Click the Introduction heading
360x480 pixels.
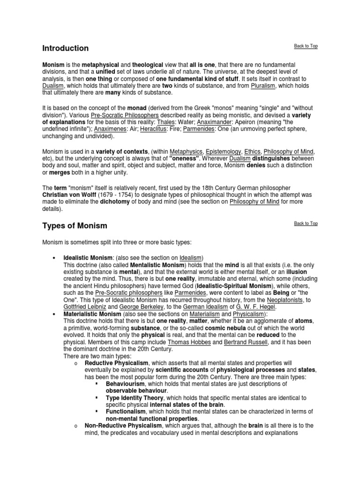click(x=65, y=48)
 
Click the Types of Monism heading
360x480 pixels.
click(x=75, y=226)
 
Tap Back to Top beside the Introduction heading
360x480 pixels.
click(x=306, y=46)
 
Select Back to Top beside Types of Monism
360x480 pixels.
click(x=306, y=224)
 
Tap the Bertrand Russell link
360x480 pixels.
click(x=236, y=342)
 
